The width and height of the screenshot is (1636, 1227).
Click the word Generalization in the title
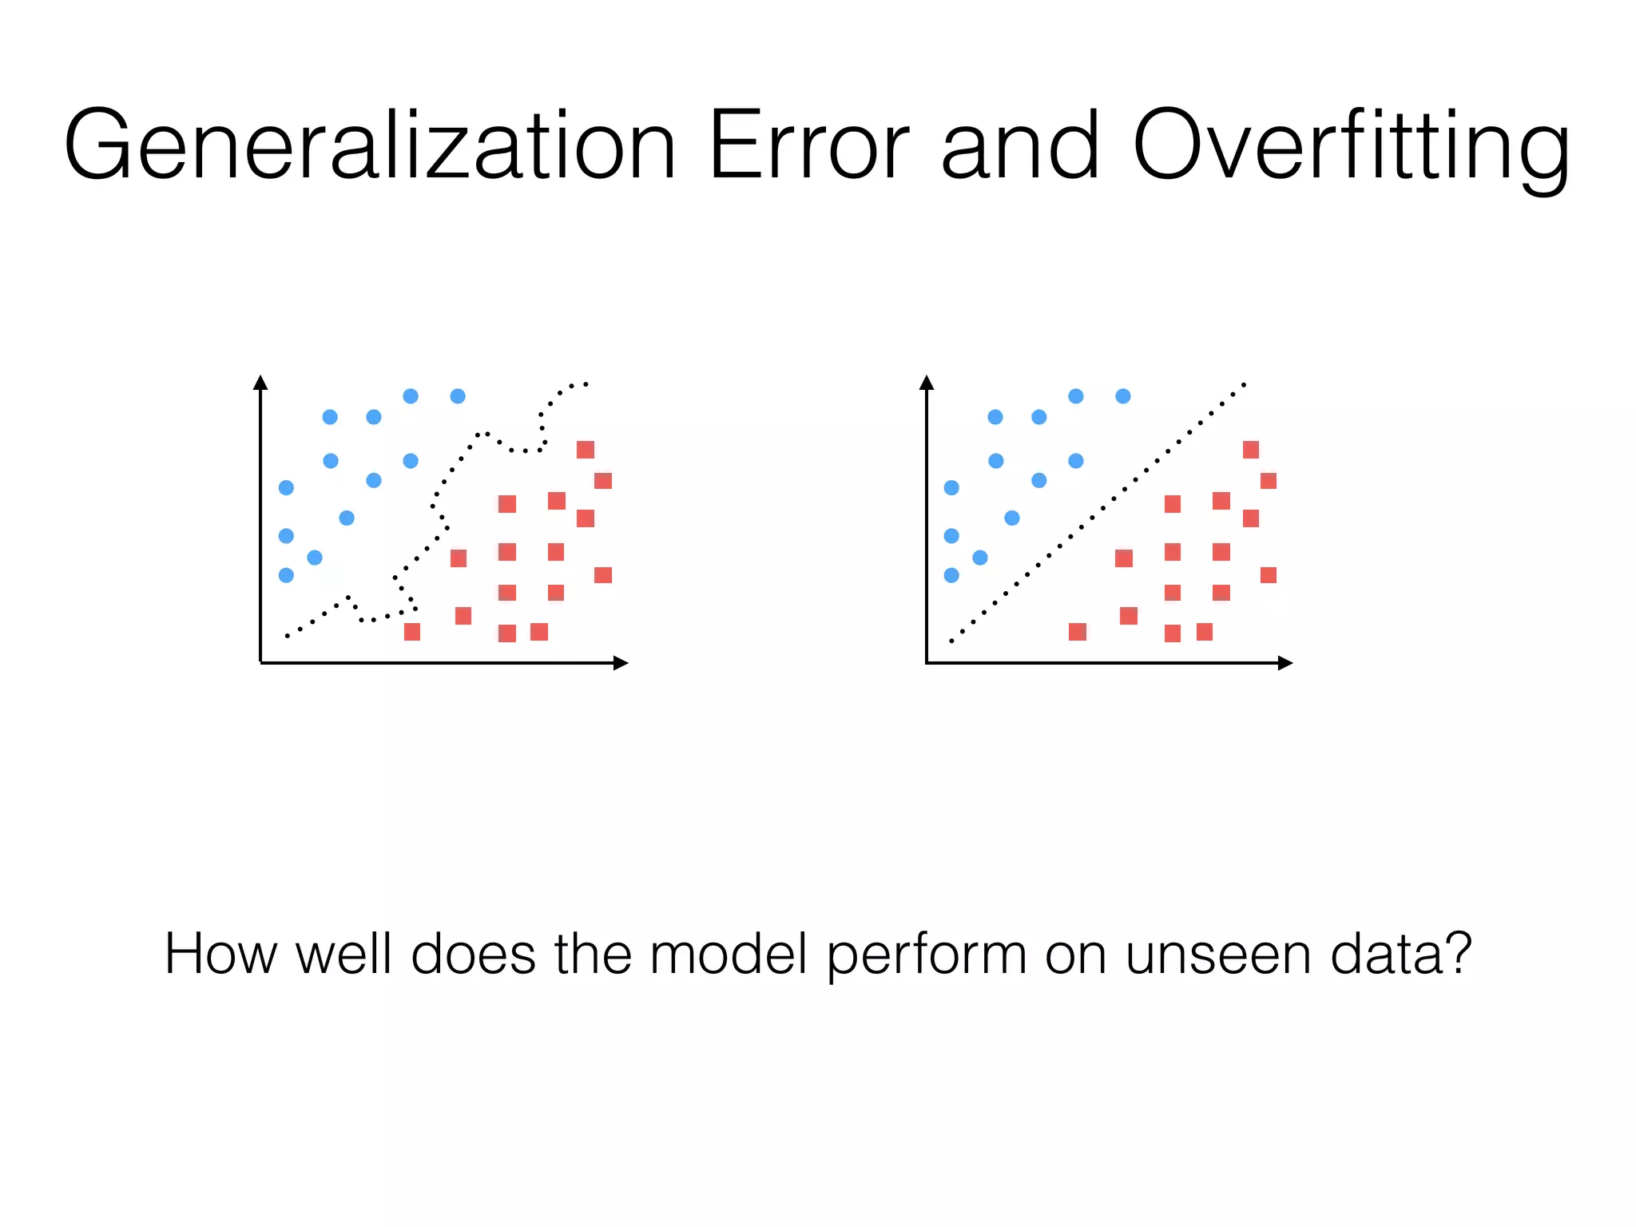(370, 146)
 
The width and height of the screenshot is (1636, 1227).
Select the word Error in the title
(808, 146)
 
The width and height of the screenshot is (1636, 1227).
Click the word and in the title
(1021, 146)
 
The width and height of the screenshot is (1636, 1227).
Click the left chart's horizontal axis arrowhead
(621, 663)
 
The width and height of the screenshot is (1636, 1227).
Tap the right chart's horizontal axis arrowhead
(1285, 663)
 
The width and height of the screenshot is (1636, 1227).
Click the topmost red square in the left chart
(586, 450)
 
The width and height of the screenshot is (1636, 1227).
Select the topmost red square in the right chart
(1251, 450)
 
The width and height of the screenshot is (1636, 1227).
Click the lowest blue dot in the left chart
(286, 575)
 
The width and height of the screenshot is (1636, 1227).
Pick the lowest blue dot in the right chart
(951, 575)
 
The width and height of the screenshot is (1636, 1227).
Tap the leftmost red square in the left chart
(412, 632)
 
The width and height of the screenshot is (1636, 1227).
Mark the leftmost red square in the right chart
(1078, 632)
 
